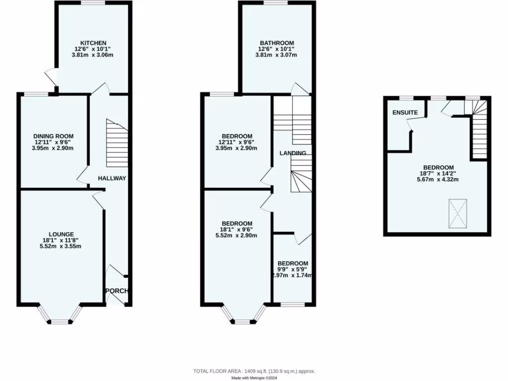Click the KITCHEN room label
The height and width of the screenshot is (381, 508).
click(94, 43)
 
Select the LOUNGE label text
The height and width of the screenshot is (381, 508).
click(61, 234)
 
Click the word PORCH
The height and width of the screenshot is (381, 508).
click(117, 291)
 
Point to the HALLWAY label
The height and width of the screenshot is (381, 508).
click(112, 178)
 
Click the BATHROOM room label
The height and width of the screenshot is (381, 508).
click(276, 43)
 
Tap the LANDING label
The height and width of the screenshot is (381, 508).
click(293, 153)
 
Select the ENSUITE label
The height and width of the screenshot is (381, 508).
click(405, 113)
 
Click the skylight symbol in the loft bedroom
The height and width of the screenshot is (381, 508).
click(458, 214)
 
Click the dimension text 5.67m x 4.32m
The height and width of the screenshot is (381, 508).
click(438, 180)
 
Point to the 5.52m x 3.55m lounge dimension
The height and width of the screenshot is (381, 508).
click(61, 246)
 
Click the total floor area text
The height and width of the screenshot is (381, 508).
click(254, 371)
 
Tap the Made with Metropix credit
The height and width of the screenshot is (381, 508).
click(254, 378)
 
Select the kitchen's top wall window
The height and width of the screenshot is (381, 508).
click(93, 3)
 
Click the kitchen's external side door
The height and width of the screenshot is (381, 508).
click(51, 78)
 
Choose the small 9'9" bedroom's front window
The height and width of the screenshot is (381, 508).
click(293, 304)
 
